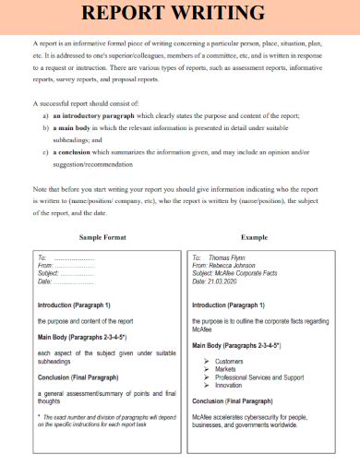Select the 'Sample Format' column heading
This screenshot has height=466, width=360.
(102, 237)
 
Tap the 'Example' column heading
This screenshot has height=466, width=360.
(254, 237)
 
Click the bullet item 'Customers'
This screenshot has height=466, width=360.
(229, 361)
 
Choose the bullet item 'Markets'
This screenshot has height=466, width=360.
(226, 369)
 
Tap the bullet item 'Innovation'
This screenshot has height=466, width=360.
(230, 385)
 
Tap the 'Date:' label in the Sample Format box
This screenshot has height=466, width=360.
(44, 281)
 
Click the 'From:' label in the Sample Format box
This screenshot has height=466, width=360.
(45, 266)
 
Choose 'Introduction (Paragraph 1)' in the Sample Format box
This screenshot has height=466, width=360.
(74, 305)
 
